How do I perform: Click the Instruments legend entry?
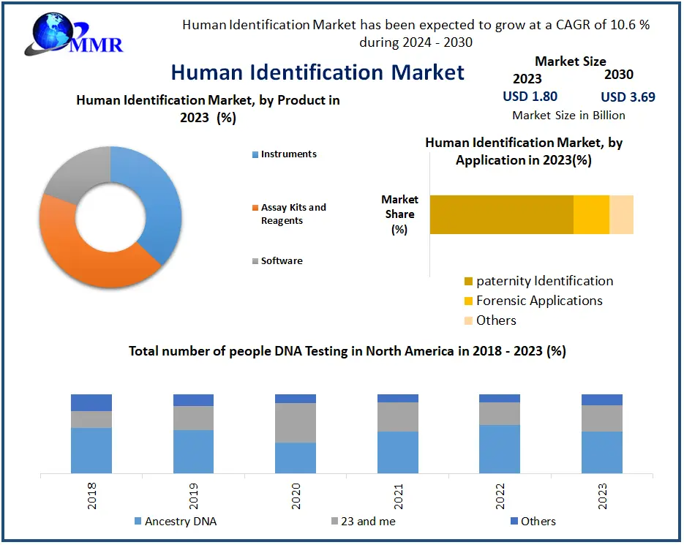(x=288, y=154)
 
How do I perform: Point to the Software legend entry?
(x=281, y=261)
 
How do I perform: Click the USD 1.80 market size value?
(x=530, y=97)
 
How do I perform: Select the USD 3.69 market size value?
(x=628, y=97)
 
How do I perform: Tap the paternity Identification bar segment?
(x=501, y=214)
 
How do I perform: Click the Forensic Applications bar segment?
(x=591, y=214)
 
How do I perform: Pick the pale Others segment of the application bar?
(x=621, y=214)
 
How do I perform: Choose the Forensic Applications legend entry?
(x=538, y=301)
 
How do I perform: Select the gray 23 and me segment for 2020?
(x=296, y=423)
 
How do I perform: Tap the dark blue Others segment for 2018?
(x=91, y=402)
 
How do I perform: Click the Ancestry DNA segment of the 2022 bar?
(x=500, y=448)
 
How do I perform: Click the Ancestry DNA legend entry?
(x=180, y=522)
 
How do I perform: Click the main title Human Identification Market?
(x=317, y=72)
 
